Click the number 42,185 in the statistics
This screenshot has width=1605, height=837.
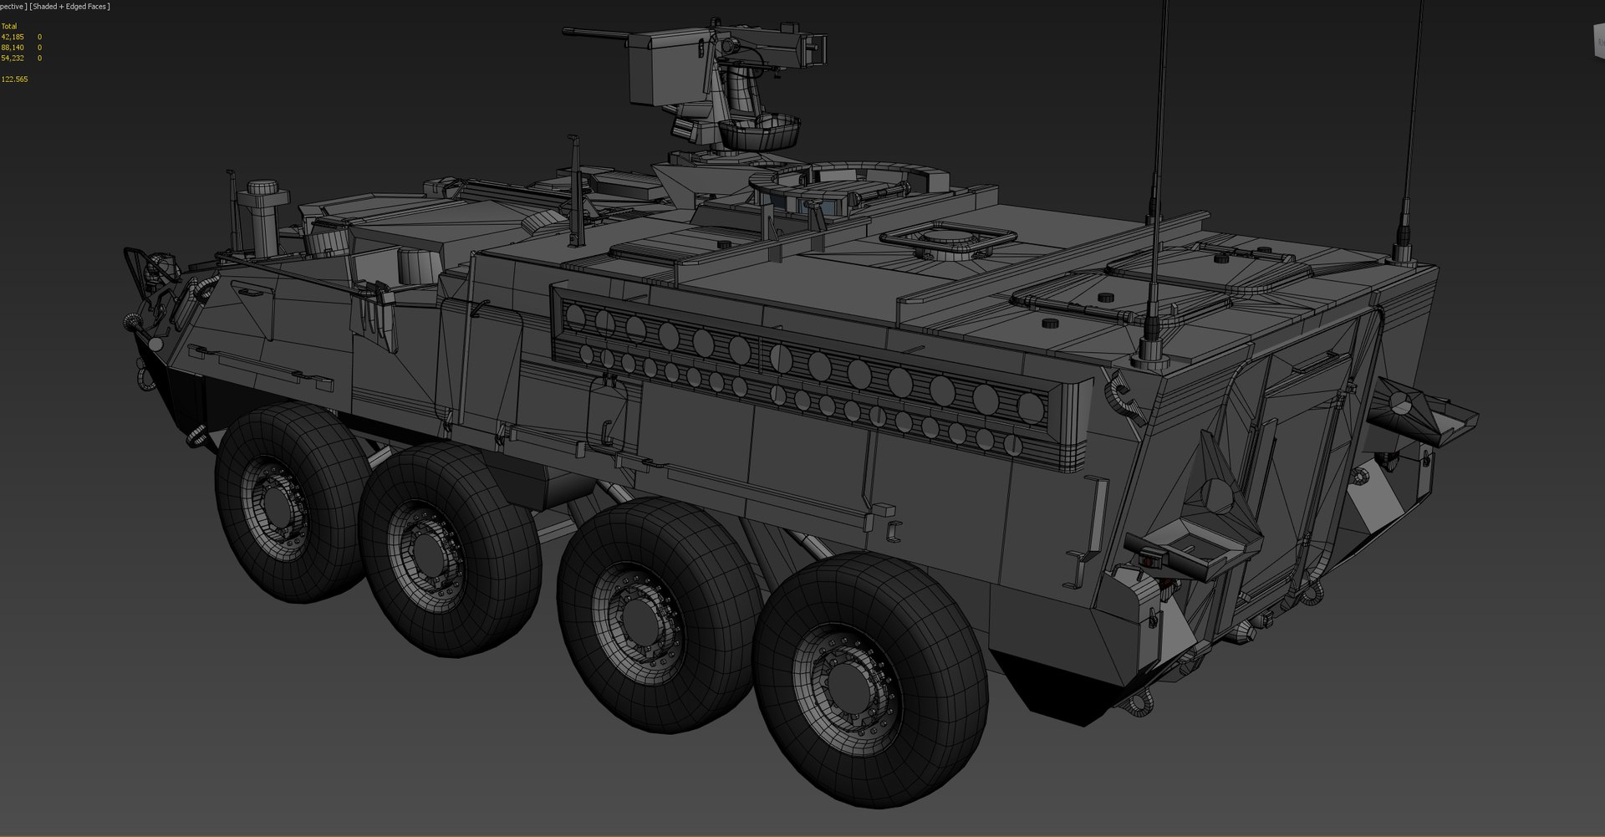click(13, 37)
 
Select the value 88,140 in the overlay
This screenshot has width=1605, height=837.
click(13, 48)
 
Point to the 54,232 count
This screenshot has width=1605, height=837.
click(13, 59)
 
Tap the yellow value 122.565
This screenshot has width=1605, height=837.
click(15, 79)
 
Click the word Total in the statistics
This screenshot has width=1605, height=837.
click(9, 27)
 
